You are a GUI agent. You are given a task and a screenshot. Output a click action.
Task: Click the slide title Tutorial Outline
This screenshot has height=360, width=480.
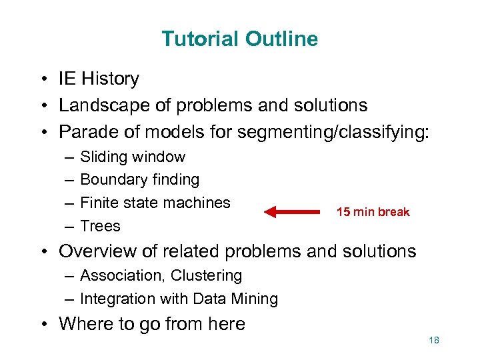239,39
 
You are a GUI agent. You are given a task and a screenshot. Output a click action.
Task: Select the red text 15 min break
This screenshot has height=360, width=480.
373,212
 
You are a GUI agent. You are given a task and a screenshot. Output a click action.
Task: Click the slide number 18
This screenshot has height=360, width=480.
434,341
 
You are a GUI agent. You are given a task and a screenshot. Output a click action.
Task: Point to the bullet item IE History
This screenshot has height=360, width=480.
99,79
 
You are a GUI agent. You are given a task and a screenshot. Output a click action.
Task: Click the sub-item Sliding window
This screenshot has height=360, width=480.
133,157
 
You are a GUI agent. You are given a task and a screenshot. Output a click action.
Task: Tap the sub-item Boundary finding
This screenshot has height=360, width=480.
139,180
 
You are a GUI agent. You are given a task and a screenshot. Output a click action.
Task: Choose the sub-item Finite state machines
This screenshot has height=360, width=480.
155,203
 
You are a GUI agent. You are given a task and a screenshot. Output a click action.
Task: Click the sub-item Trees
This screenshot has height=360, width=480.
100,226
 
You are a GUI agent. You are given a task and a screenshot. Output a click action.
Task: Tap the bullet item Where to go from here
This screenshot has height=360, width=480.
152,324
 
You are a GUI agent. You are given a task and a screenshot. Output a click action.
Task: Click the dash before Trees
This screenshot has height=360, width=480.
69,226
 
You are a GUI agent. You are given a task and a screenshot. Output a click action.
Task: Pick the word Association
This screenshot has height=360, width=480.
117,275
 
